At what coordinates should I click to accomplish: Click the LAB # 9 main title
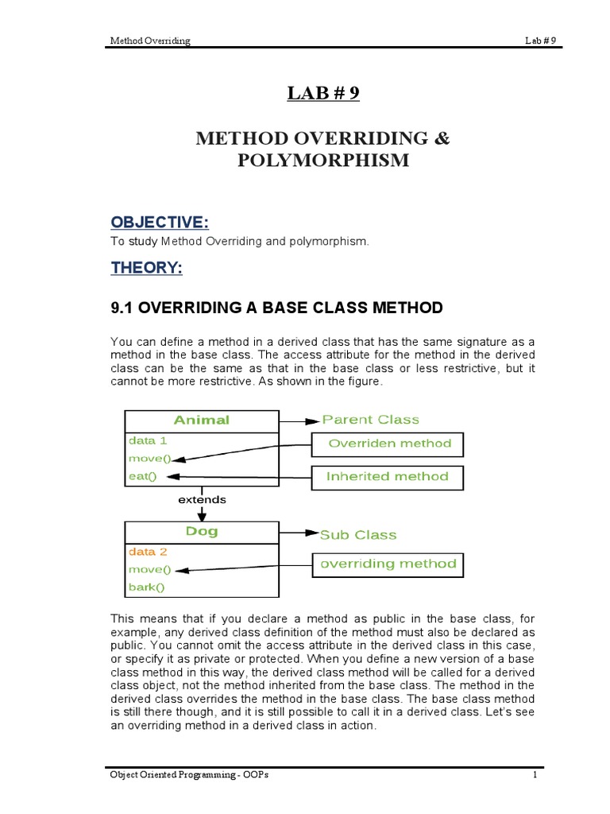(x=322, y=94)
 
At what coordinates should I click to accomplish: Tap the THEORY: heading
(x=146, y=269)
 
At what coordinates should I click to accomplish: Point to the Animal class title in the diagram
(x=202, y=420)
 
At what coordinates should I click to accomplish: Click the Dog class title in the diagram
(x=202, y=532)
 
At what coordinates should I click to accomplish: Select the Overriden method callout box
(x=389, y=444)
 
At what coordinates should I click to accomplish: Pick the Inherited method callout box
(x=388, y=477)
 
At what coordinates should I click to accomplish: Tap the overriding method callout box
(x=388, y=564)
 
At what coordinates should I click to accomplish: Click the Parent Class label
(x=370, y=420)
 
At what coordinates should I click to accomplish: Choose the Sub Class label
(x=357, y=535)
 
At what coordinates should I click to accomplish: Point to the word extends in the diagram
(x=202, y=500)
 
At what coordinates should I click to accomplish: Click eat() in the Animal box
(x=142, y=477)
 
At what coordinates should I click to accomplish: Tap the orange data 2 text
(x=147, y=551)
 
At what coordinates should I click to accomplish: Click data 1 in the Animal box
(x=147, y=440)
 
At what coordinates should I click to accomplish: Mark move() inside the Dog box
(x=149, y=569)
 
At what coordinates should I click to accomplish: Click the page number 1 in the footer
(x=535, y=776)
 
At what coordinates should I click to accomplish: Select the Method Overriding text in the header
(x=149, y=41)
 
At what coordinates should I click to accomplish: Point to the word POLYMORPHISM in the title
(x=322, y=161)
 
